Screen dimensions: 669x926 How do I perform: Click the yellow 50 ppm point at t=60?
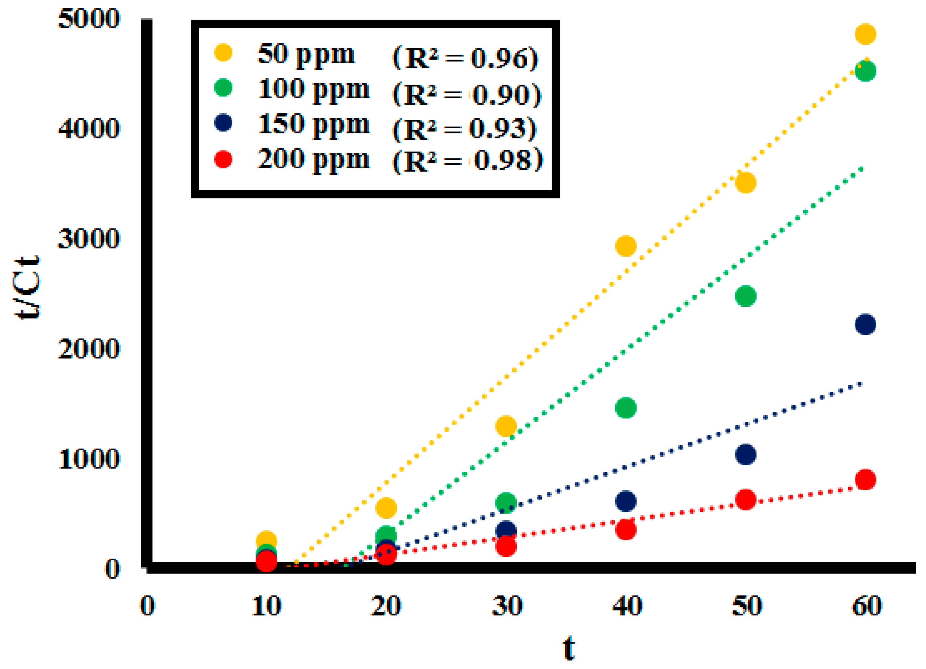tap(865, 34)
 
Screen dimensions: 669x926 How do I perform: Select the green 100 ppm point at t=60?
tap(865, 71)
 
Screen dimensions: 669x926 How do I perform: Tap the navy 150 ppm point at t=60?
tap(865, 324)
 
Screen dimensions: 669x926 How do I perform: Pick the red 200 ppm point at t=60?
tap(865, 479)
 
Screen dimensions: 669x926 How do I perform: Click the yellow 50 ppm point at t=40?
tap(625, 245)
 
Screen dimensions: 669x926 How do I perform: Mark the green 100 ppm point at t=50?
tap(745, 296)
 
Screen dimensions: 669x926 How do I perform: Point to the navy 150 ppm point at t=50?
tap(745, 454)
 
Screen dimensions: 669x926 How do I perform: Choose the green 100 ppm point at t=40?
tap(625, 408)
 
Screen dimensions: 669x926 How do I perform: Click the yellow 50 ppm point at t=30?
tap(506, 426)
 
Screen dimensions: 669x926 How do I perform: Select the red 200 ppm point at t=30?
tap(506, 546)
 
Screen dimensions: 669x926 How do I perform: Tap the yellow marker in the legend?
tap(223, 53)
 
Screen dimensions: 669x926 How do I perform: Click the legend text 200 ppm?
tap(314, 159)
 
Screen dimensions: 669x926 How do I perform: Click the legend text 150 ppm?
tap(314, 124)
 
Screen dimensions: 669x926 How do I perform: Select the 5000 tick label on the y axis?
tap(89, 19)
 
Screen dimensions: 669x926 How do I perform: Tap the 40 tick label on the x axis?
tap(627, 606)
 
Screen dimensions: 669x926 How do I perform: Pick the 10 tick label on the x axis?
tap(266, 606)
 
